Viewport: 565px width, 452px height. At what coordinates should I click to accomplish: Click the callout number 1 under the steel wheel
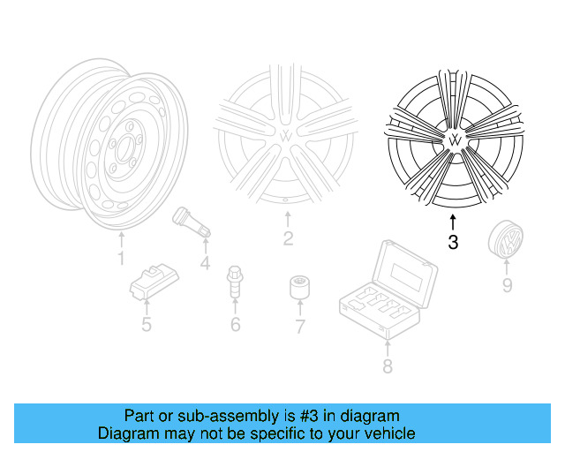point(122,258)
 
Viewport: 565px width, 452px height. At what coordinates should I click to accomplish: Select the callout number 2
point(288,238)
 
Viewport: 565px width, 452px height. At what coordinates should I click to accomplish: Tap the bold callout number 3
point(453,242)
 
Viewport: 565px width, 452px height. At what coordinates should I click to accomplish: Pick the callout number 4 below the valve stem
point(205,262)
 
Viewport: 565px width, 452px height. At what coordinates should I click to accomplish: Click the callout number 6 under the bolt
point(235,326)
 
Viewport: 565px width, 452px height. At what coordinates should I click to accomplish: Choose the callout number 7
point(299,327)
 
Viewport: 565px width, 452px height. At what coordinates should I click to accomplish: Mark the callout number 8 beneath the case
point(387,365)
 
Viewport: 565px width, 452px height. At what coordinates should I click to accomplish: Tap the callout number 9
point(507,284)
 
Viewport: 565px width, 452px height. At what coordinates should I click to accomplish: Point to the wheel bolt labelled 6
point(235,281)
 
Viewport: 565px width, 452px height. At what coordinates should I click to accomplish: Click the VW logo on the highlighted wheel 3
point(455,140)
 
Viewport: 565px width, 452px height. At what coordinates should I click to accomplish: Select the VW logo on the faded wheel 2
point(288,136)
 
